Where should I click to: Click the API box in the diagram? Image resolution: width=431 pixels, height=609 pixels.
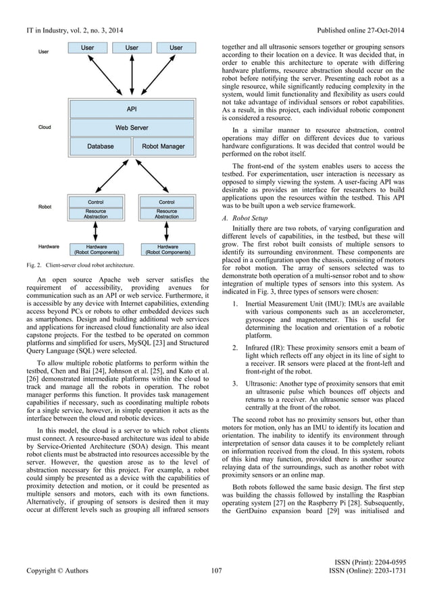132,108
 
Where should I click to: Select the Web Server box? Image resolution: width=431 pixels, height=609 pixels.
132,126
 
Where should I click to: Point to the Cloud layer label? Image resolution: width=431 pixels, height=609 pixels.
45,126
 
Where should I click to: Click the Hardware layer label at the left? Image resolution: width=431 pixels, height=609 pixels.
49,247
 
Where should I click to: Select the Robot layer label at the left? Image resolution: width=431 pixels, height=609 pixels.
45,207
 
